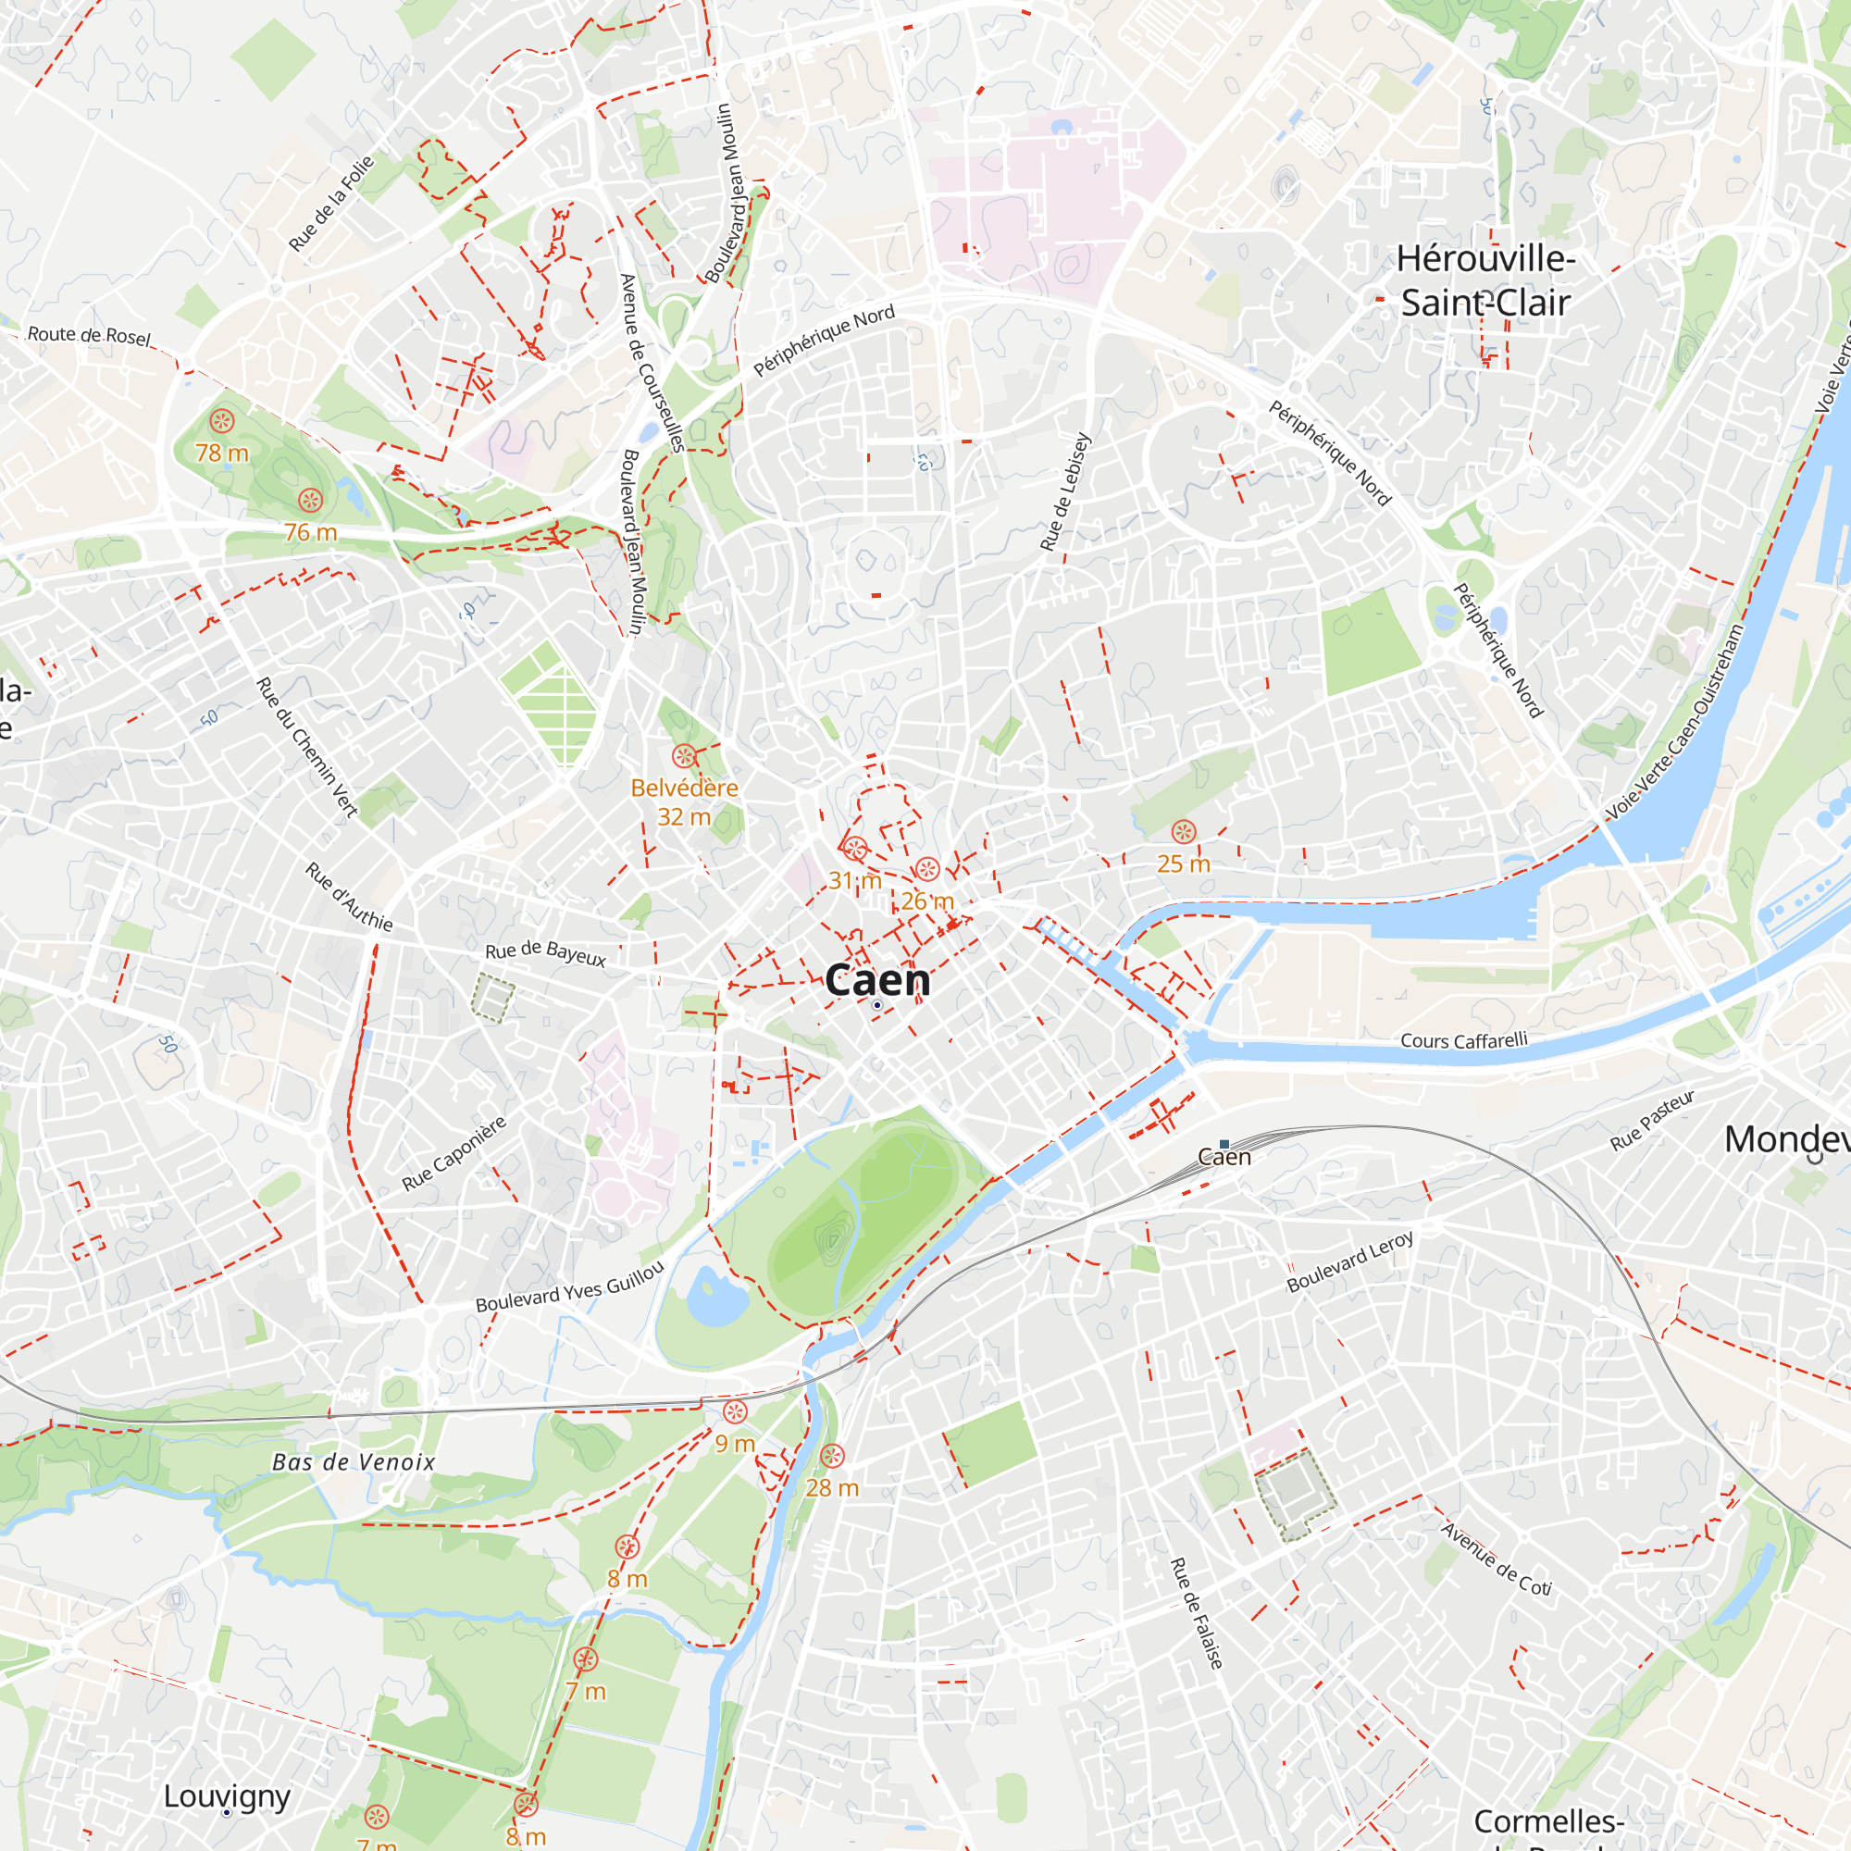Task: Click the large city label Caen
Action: click(876, 980)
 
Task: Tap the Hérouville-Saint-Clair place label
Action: click(1485, 280)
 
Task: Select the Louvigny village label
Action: click(227, 1796)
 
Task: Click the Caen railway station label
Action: click(1224, 1156)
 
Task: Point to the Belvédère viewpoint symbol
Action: click(684, 756)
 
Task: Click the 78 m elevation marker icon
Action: click(222, 420)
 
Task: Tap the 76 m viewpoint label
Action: click(310, 533)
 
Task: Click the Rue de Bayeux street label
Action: click(545, 953)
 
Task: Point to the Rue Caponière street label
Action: click(453, 1153)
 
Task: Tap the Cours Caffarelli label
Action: click(1464, 1040)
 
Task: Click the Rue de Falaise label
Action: click(1197, 1613)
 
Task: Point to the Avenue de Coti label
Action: click(1497, 1559)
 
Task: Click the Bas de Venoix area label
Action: click(354, 1462)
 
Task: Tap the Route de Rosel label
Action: click(89, 335)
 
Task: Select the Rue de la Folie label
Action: click(331, 203)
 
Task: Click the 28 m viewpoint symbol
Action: click(833, 1456)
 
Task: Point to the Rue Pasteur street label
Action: click(1653, 1119)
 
